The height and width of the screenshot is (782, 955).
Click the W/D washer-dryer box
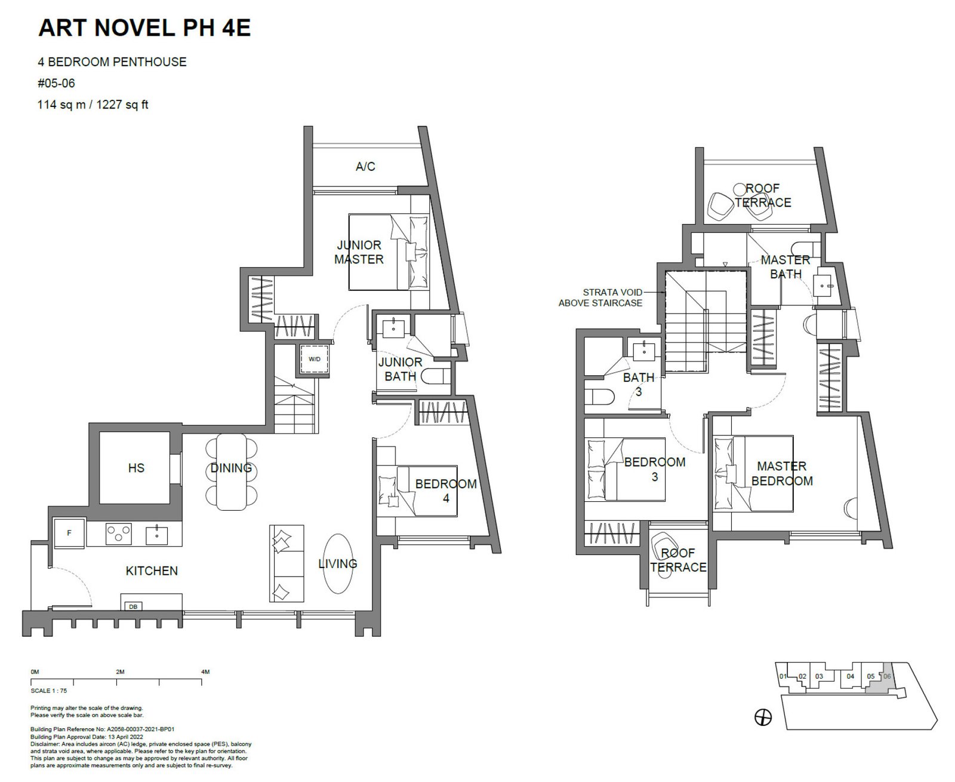(x=315, y=360)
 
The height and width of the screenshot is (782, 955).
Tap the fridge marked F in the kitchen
(x=69, y=533)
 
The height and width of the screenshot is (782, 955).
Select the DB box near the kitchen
(x=133, y=606)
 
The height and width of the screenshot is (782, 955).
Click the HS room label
(x=136, y=468)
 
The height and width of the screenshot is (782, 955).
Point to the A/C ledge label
(x=365, y=167)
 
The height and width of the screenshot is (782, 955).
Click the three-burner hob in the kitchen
(x=119, y=533)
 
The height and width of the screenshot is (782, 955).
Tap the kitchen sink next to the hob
(x=156, y=535)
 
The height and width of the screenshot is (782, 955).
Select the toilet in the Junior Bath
(x=436, y=376)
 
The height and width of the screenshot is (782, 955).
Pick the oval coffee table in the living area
(x=338, y=563)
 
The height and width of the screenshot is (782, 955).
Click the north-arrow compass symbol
(x=763, y=717)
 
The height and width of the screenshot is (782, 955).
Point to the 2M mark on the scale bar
(x=120, y=672)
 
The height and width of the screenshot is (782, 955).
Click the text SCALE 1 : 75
(x=49, y=691)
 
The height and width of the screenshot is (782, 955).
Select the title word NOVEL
(x=134, y=27)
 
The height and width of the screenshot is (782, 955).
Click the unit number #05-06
(x=56, y=84)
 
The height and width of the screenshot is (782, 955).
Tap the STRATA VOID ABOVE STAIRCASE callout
(x=600, y=298)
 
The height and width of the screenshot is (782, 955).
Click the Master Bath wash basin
(x=822, y=285)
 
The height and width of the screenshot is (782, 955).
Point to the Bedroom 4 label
(x=446, y=491)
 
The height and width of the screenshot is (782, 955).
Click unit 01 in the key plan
(x=783, y=676)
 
